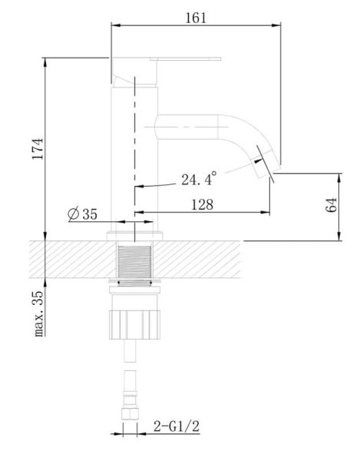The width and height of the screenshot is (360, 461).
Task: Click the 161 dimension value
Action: [196, 18]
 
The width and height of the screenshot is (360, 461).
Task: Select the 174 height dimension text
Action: [38, 149]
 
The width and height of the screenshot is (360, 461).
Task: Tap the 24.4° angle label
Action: [199, 179]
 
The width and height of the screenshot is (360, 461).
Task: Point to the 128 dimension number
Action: [202, 204]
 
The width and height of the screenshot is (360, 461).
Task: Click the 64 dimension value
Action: [332, 205]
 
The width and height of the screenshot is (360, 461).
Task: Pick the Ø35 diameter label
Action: [82, 214]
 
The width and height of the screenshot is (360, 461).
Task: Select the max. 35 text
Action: [38, 313]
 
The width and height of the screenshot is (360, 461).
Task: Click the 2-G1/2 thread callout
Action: [177, 426]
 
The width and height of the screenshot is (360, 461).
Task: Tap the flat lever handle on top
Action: [186, 59]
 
